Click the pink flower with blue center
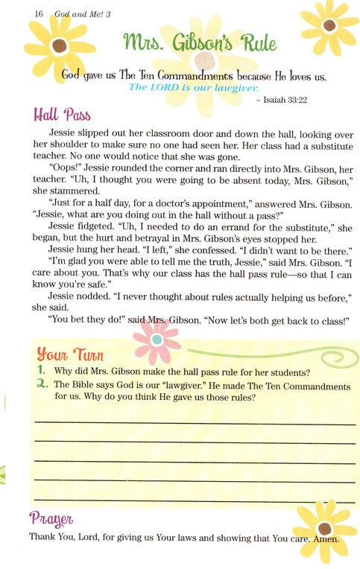point(156,340)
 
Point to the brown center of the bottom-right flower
point(325,529)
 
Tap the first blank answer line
point(190,422)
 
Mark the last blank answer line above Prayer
point(190,498)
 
